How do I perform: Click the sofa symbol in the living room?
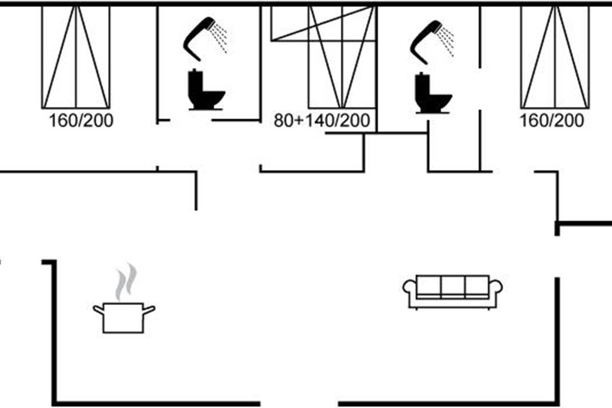[x=453, y=292]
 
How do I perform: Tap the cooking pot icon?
[x=124, y=317]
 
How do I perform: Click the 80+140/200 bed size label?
[x=321, y=121]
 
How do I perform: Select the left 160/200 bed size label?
[x=81, y=121]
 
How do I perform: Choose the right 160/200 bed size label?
[x=551, y=121]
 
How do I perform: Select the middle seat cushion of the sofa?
[x=453, y=286]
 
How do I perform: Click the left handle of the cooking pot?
[x=98, y=309]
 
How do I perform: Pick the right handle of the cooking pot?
[x=149, y=309]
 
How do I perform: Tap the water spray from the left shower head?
[x=220, y=39]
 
